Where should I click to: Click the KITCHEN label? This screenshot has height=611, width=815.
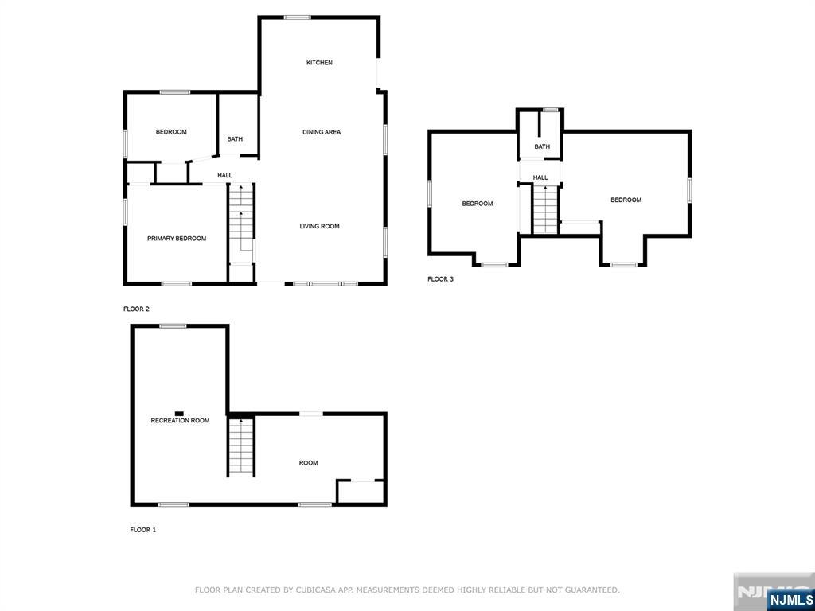(319, 63)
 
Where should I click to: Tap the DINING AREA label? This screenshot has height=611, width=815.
(322, 133)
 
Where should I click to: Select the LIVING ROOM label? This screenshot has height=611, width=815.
(320, 227)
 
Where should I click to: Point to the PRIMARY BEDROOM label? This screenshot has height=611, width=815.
(177, 239)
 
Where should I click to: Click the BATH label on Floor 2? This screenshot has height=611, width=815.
(235, 139)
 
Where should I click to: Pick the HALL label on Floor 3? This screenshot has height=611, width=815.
(540, 177)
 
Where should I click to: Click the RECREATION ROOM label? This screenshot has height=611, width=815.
(181, 421)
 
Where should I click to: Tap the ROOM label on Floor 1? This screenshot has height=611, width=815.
(308, 463)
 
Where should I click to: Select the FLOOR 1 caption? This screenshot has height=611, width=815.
(143, 531)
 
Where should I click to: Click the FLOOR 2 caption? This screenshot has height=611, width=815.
(136, 309)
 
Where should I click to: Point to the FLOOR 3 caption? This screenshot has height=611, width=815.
(440, 279)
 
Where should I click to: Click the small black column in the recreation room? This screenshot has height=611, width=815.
(179, 413)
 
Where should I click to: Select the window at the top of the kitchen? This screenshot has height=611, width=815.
(298, 18)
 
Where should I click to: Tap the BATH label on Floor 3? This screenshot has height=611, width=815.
(542, 147)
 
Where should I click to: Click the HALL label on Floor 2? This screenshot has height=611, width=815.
(225, 176)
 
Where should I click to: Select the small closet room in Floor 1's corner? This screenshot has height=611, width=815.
(361, 492)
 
